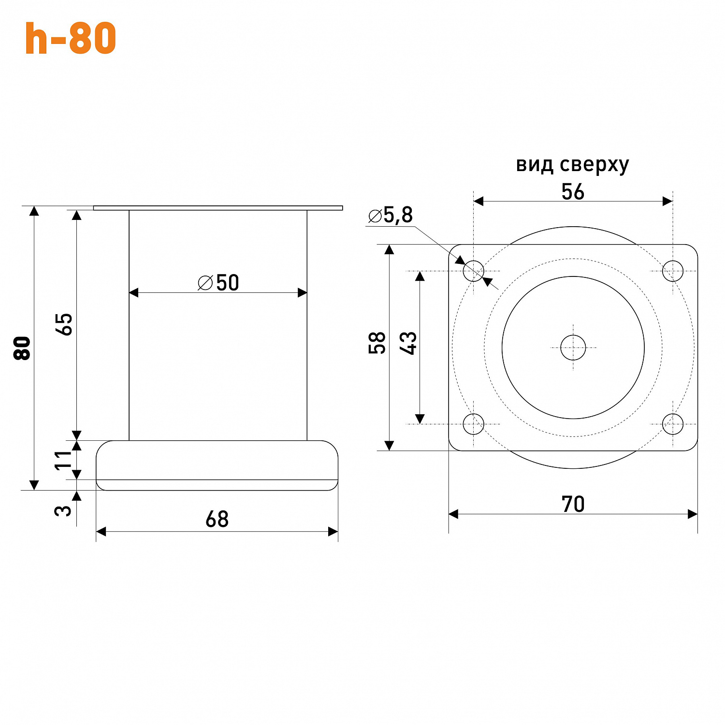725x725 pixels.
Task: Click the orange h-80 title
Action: [71, 38]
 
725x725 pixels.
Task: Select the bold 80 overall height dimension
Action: [22, 348]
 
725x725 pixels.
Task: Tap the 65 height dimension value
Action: [64, 324]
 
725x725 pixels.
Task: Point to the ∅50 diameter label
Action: [218, 283]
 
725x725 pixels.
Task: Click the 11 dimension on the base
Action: [63, 460]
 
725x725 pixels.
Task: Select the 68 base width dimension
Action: [217, 519]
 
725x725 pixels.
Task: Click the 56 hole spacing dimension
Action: [573, 192]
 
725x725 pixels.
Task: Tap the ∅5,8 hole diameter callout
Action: [391, 216]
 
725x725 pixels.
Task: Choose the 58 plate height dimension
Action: [377, 343]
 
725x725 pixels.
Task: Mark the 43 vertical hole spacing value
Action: [408, 343]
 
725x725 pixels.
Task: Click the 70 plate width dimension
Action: [573, 504]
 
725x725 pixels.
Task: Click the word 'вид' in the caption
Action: [535, 164]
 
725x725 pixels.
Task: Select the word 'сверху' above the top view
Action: [594, 165]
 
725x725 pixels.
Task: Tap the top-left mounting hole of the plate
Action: [474, 271]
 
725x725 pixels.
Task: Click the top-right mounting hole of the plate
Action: [673, 271]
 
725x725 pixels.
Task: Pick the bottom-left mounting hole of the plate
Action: [474, 424]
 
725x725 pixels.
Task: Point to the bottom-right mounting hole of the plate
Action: [673, 424]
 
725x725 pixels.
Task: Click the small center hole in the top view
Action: [573, 348]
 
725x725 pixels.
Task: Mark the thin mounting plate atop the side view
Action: [217, 208]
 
